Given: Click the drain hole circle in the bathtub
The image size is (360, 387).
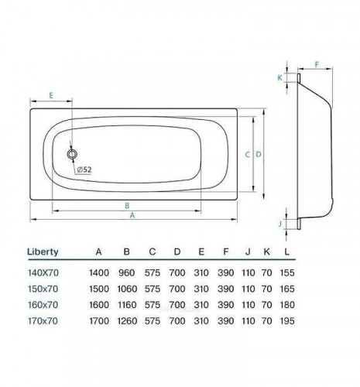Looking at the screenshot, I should click(x=73, y=155).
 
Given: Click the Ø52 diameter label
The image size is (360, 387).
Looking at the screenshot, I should click(x=85, y=170).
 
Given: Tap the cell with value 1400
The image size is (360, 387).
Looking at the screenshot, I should click(x=98, y=273).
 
